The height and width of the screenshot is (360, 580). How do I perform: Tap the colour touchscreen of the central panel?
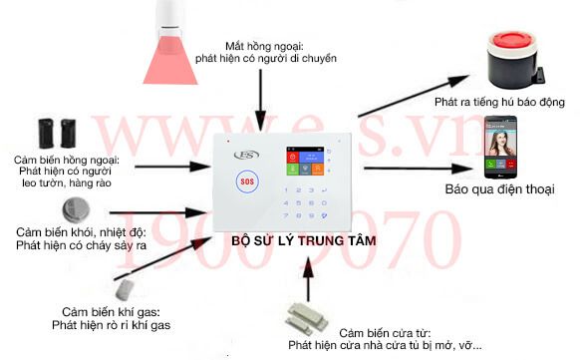click(x=307, y=165)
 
